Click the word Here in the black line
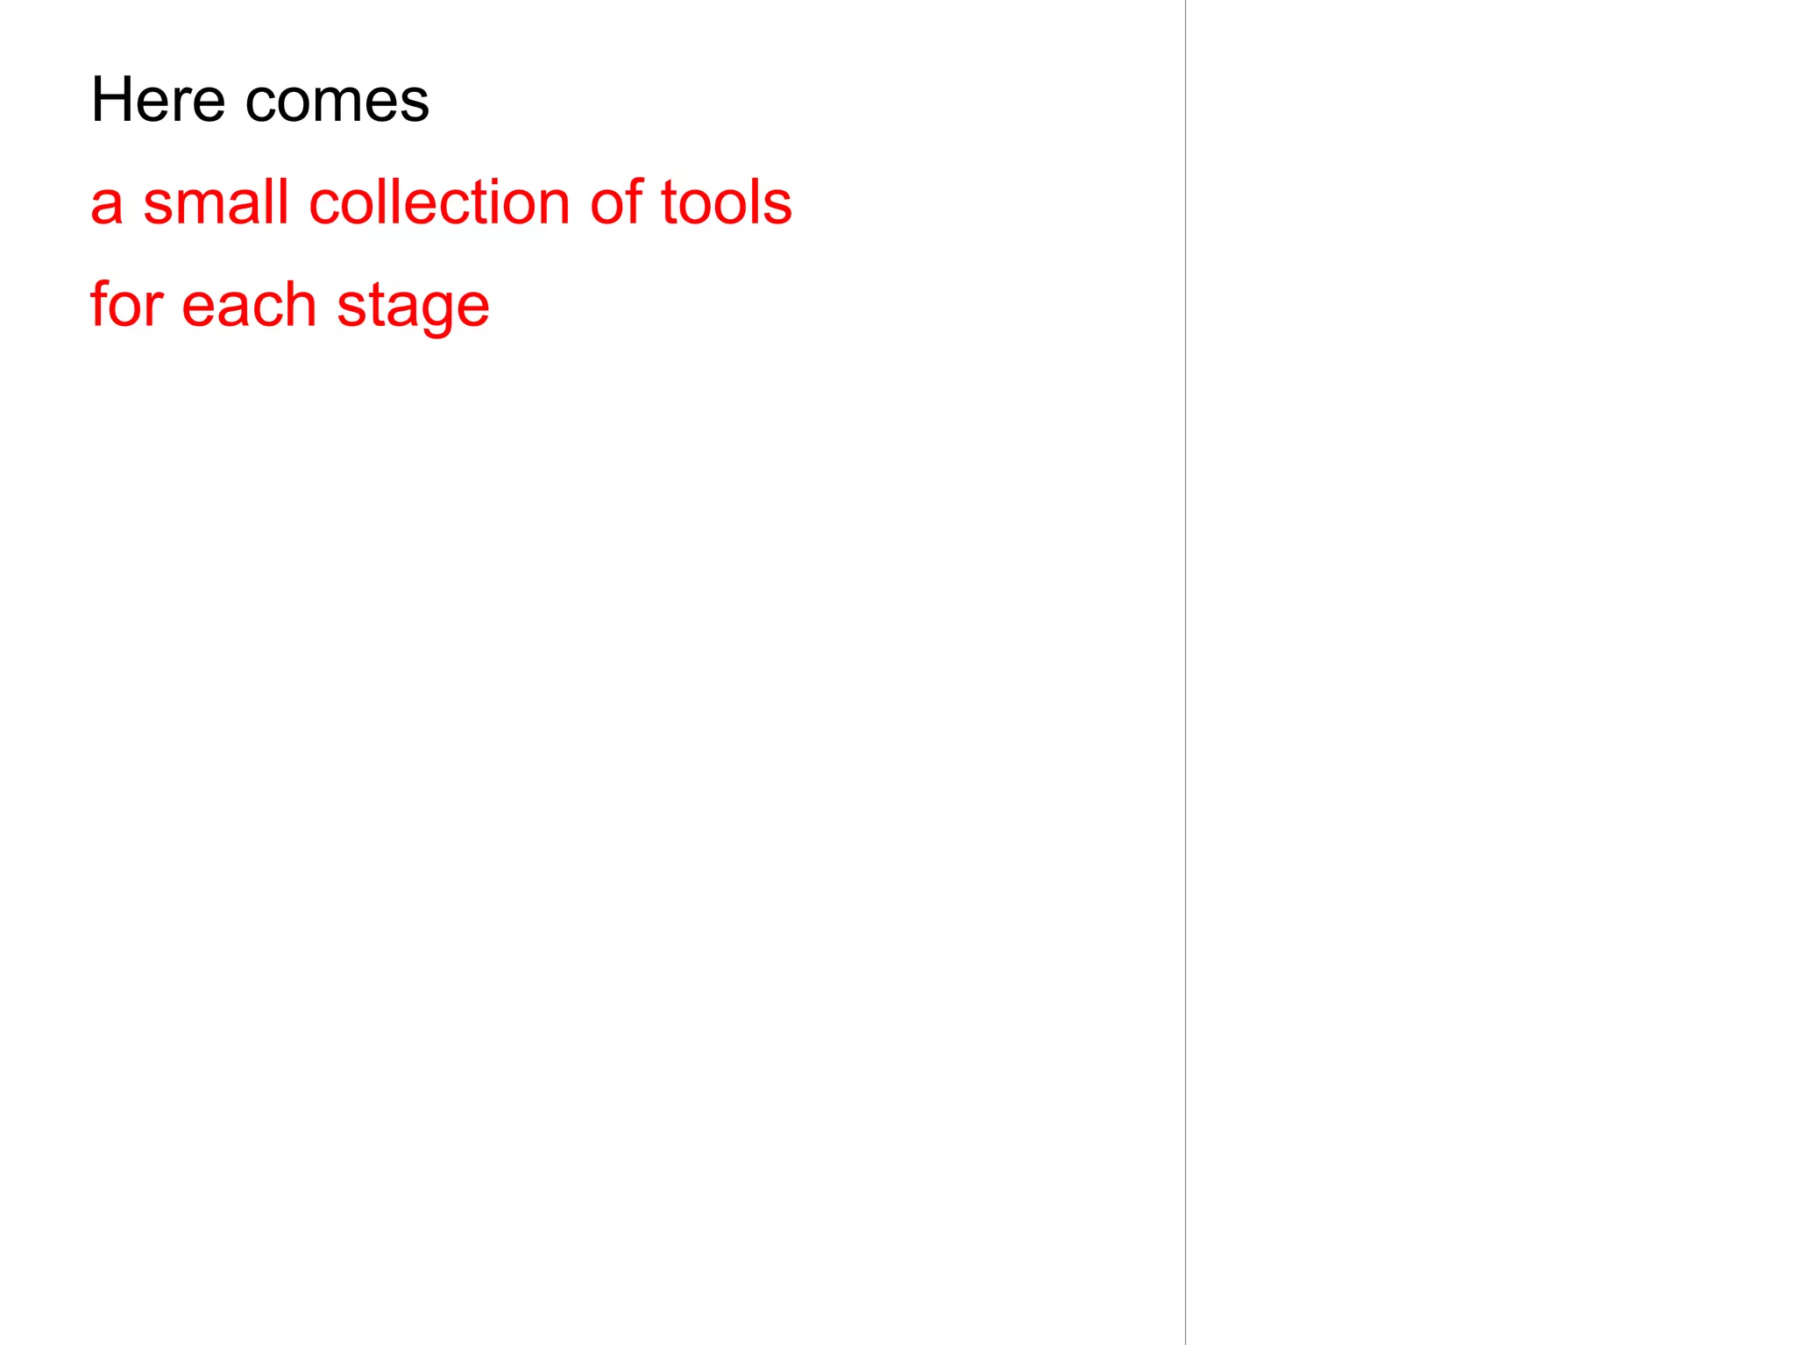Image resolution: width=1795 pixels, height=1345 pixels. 158,100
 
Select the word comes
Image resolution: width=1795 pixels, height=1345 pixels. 337,102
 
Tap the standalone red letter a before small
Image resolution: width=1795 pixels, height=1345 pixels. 106,204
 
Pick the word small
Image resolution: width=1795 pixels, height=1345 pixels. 216,202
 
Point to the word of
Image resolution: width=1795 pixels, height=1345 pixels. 616,202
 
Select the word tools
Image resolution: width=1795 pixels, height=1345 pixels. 726,202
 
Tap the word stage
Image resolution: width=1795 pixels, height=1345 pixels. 413,307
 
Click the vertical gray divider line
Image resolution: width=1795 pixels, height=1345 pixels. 1185,672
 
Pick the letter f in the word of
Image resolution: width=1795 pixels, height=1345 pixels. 635,202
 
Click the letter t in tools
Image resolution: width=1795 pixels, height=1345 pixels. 668,202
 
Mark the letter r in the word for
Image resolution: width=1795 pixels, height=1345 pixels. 157,308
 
